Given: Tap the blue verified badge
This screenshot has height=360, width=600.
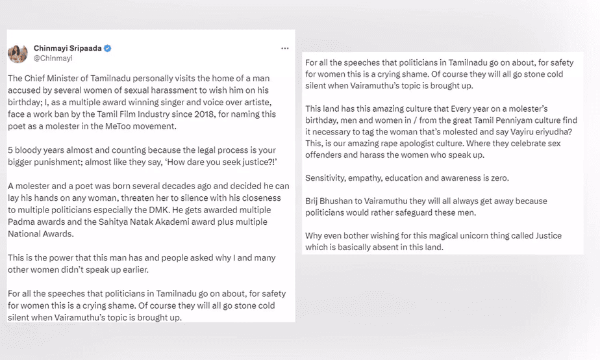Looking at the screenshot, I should pos(108,48).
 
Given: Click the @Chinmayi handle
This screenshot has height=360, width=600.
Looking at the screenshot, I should pos(52,58).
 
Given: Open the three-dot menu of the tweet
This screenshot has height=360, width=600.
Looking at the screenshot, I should pos(284,48).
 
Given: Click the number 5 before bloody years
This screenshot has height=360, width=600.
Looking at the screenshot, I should pos(10,149).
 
